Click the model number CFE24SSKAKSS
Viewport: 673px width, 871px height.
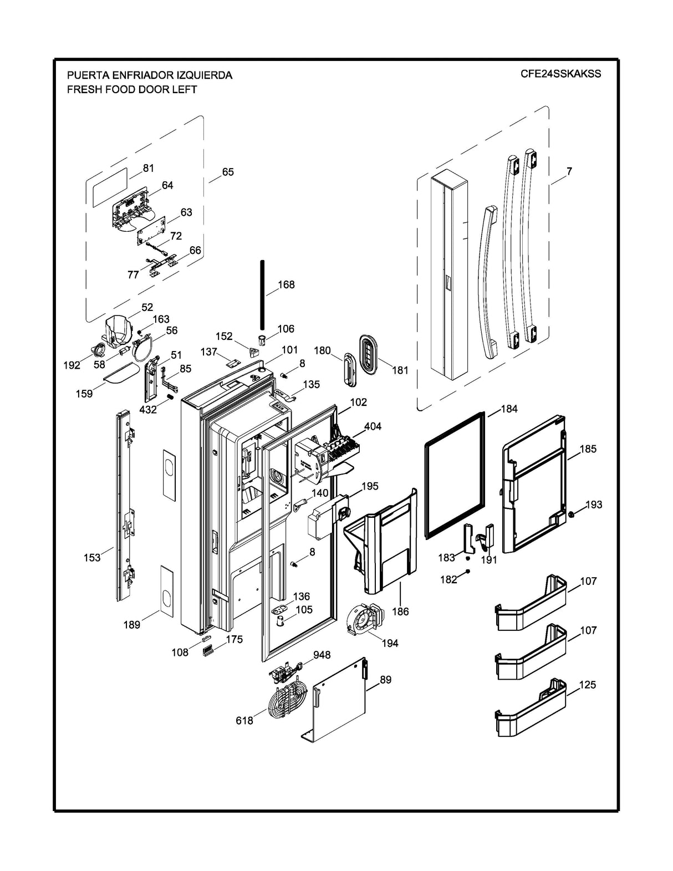pyautogui.click(x=560, y=74)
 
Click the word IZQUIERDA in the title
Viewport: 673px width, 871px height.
pyautogui.click(x=201, y=75)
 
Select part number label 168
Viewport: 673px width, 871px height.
pyautogui.click(x=286, y=284)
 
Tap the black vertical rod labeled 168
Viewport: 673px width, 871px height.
pyautogui.click(x=262, y=294)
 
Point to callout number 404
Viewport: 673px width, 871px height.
pyautogui.click(x=373, y=426)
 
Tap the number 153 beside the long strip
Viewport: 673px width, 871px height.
pyautogui.click(x=92, y=557)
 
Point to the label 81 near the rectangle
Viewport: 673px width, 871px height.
pyautogui.click(x=149, y=168)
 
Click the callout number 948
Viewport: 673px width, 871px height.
pyautogui.click(x=322, y=655)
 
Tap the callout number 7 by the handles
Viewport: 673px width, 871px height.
pyautogui.click(x=569, y=171)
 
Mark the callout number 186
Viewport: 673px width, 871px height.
pyautogui.click(x=400, y=612)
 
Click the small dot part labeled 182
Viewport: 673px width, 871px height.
pyautogui.click(x=468, y=571)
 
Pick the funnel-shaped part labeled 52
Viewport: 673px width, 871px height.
pyautogui.click(x=118, y=331)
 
